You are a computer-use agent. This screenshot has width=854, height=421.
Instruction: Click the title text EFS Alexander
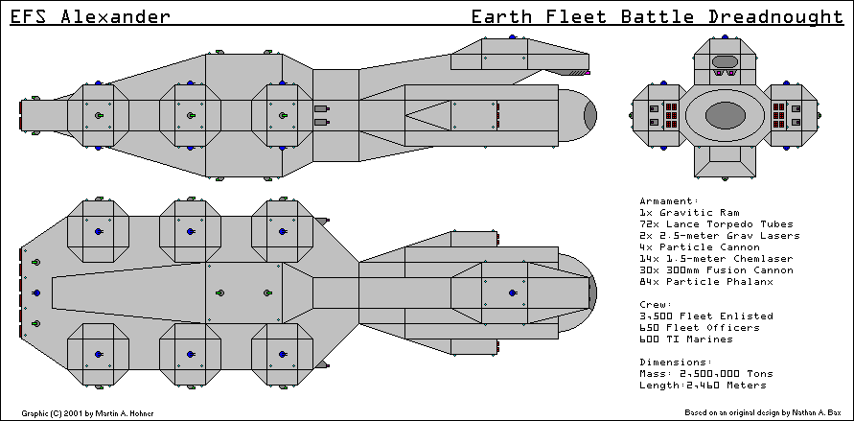pyautogui.click(x=91, y=17)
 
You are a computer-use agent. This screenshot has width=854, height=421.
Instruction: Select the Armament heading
pyautogui.click(x=669, y=201)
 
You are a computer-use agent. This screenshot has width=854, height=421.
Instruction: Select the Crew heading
pyautogui.click(x=655, y=304)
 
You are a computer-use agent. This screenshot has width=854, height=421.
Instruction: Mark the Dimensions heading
pyautogui.click(x=672, y=362)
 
